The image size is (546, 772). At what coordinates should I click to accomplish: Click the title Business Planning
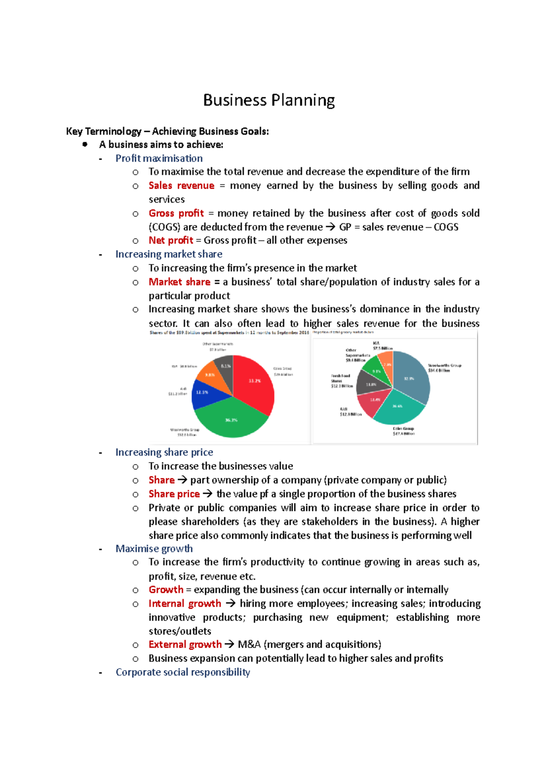tap(268, 100)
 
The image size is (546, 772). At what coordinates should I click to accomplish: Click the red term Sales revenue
tap(181, 185)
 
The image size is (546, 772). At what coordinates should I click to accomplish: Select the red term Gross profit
tap(176, 213)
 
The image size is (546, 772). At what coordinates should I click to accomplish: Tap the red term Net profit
tap(171, 241)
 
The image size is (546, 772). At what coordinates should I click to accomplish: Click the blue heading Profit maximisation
tap(159, 158)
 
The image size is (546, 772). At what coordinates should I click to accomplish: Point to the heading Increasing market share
tap(169, 254)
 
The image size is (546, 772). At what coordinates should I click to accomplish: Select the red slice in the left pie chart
tap(255, 382)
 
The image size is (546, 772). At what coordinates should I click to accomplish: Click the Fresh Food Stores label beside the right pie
tap(341, 381)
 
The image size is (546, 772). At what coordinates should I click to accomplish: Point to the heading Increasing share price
tap(164, 452)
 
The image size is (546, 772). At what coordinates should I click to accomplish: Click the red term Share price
tap(174, 494)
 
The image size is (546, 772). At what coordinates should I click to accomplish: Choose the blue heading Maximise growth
tap(154, 549)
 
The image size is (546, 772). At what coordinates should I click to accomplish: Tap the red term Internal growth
tap(185, 604)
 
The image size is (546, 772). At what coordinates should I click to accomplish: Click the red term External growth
tap(185, 645)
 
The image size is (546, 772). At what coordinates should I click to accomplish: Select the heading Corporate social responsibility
tap(182, 672)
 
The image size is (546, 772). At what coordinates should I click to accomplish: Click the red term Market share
tap(179, 282)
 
